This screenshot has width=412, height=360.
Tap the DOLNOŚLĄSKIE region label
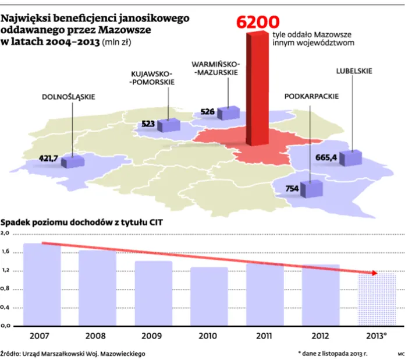click(68, 97)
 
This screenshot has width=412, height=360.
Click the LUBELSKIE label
click(354, 71)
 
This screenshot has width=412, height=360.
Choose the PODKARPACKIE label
click(311, 97)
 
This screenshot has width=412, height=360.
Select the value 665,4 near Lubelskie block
click(326, 157)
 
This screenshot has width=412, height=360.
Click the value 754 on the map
click(293, 188)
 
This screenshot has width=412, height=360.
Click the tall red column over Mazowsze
click(258, 87)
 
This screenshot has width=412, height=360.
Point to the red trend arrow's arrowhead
click(375, 273)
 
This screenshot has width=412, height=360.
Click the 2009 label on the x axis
click(152, 336)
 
